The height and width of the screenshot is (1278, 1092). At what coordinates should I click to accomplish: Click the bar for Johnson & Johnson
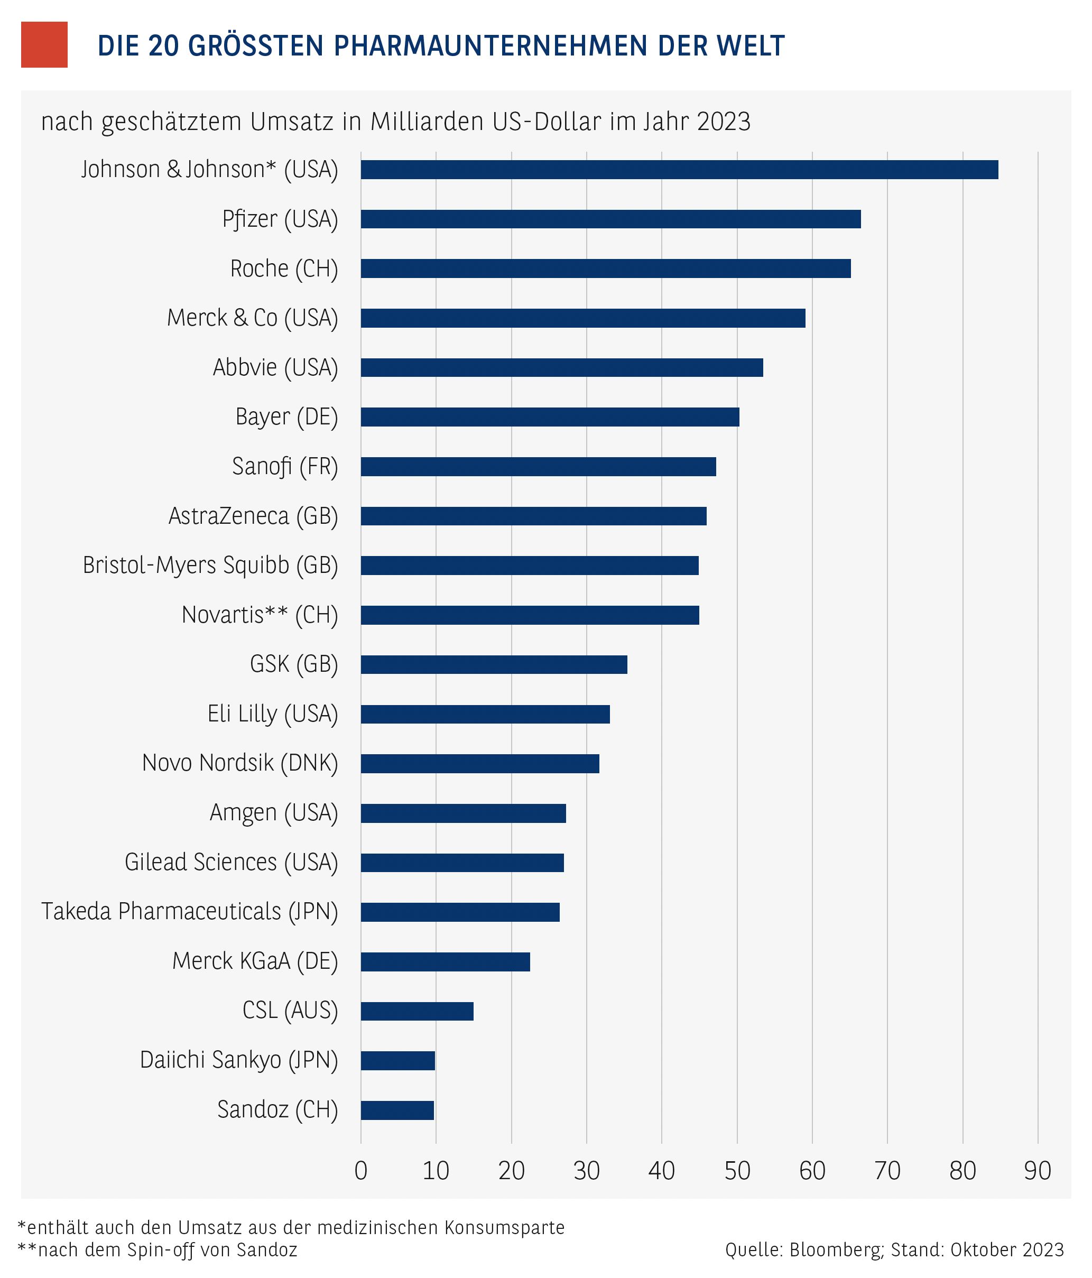pos(679,170)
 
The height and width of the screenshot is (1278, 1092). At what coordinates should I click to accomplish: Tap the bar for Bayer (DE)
pos(550,417)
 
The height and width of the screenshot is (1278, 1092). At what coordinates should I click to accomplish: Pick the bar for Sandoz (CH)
pos(397,1110)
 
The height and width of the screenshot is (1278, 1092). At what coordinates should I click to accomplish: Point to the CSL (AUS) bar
pos(417,1012)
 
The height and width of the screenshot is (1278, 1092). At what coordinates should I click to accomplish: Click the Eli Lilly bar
pos(485,714)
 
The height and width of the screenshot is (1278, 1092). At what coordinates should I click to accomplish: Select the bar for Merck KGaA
pos(445,961)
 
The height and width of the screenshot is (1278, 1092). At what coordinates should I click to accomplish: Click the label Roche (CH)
pos(284,269)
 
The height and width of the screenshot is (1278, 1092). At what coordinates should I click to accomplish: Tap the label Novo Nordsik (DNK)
pos(240,763)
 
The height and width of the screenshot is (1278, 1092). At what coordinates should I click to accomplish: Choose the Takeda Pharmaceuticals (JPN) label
pos(189,912)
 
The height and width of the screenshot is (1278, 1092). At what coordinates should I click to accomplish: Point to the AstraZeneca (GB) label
pos(253,516)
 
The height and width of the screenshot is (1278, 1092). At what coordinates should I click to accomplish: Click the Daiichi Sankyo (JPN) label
pos(239,1060)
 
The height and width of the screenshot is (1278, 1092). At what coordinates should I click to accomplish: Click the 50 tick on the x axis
pos(737,1171)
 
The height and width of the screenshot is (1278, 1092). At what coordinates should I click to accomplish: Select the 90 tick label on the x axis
pos(1037,1171)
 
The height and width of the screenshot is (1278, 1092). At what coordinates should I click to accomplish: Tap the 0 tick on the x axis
pos(361,1171)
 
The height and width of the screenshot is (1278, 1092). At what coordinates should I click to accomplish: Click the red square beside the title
pos(44,44)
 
